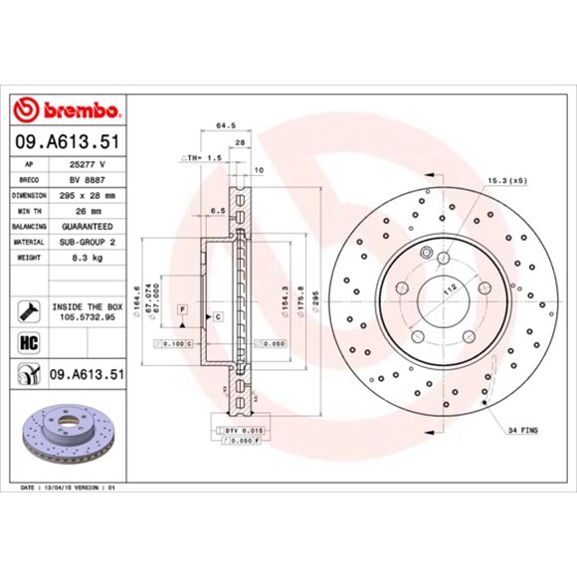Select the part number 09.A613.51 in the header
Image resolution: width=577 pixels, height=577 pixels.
click(x=67, y=141)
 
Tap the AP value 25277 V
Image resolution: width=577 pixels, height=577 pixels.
click(x=89, y=162)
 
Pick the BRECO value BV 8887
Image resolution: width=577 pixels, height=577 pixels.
click(x=88, y=179)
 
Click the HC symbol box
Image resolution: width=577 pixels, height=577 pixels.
click(x=29, y=342)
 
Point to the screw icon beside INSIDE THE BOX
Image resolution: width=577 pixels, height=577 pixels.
click(x=28, y=310)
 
